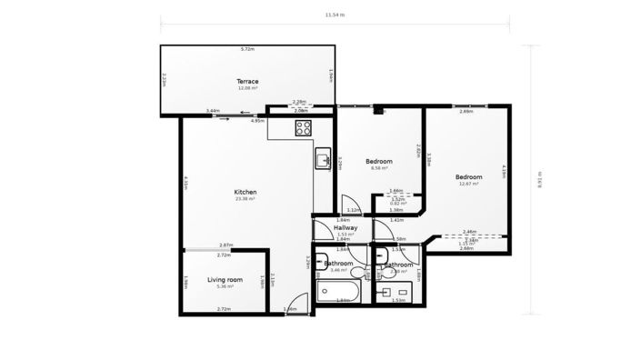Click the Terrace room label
pos(247,82)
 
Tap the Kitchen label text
pos(245,192)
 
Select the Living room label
pos(225,279)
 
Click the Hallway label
pos(346,227)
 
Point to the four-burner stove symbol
pos(303,128)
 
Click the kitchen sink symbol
pos(322,161)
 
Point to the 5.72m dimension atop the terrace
pos(247,49)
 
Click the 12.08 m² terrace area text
pos(247,89)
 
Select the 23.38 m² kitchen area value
pos(245,199)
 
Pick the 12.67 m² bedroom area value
pos(468,184)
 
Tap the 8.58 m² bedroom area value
pos(379,168)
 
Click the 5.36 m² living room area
pos(225,286)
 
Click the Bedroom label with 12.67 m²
pos(468,176)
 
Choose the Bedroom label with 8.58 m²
pos(379,161)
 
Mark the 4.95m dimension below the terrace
pos(257,120)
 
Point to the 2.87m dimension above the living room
pos(225,245)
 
